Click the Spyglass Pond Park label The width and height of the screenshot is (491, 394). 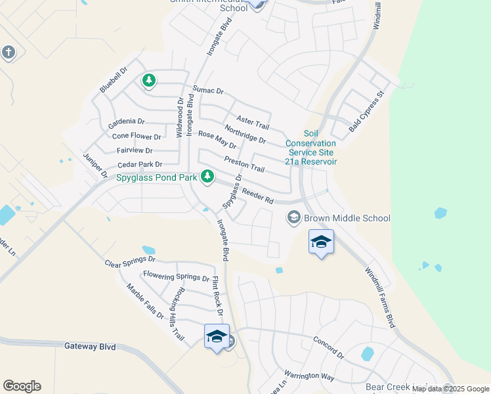click(157, 177)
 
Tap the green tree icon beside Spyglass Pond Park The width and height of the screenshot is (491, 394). click(207, 176)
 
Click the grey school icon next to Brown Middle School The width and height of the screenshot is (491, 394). click(293, 217)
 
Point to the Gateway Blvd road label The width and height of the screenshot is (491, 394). click(89, 345)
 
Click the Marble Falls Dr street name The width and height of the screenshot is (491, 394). click(145, 301)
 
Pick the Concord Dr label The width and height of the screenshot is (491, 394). click(328, 347)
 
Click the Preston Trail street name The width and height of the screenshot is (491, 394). click(244, 164)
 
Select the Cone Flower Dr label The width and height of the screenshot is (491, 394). click(137, 137)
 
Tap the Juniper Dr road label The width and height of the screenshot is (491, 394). click(95, 165)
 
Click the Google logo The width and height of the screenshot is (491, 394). click(22, 386)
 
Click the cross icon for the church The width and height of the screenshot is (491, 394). click(8, 52)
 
